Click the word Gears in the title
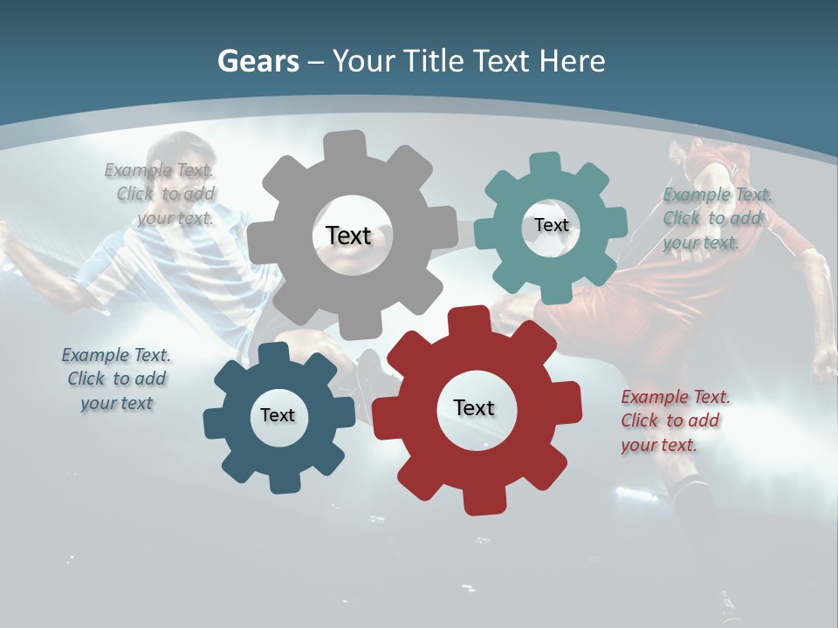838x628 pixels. click(x=258, y=61)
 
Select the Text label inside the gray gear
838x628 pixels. click(x=348, y=235)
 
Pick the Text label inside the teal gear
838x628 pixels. click(x=551, y=225)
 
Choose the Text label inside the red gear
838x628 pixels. click(x=474, y=408)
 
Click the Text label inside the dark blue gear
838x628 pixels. click(x=278, y=415)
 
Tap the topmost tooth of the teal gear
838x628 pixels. click(x=545, y=163)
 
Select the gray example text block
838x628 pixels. click(x=162, y=194)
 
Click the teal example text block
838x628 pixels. click(x=718, y=218)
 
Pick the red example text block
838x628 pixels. click(x=674, y=420)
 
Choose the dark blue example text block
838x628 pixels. click(x=116, y=379)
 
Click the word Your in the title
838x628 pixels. click(x=365, y=61)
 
